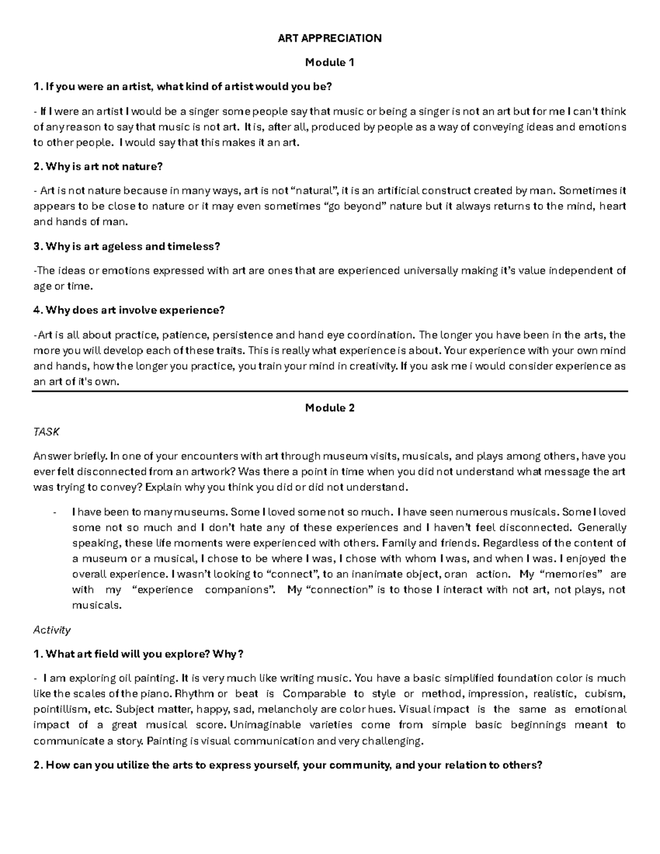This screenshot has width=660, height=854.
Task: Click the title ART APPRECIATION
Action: pos(329,38)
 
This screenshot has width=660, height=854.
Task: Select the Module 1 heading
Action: pos(329,62)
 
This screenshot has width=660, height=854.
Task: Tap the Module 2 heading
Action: pos(329,407)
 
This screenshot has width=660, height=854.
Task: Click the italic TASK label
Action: pos(46,432)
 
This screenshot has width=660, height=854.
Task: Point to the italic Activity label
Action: pos(52,630)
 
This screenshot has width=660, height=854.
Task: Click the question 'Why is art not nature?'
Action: pos(98,166)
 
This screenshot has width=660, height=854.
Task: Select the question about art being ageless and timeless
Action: pos(127,246)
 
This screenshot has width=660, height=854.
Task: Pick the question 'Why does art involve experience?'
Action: pos(129,310)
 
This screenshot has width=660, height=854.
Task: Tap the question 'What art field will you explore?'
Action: pos(138,654)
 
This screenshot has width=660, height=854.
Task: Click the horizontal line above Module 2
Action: pos(330,391)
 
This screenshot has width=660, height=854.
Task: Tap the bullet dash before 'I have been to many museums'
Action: pos(54,512)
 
